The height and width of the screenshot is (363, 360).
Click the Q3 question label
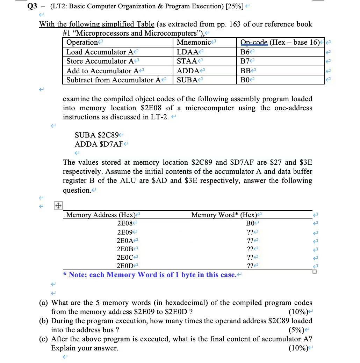pyautogui.click(x=32, y=6)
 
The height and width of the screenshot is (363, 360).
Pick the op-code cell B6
pyautogui.click(x=246, y=52)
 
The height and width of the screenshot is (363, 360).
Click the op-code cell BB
pyautogui.click(x=246, y=71)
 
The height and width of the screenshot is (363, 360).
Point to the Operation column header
pyautogui.click(x=82, y=43)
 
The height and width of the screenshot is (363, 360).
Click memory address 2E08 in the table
pyautogui.click(x=126, y=223)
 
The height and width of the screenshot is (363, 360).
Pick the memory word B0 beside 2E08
pyautogui.click(x=251, y=223)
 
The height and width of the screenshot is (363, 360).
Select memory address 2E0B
pyautogui.click(x=125, y=249)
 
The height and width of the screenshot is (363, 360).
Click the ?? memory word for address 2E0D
pyautogui.click(x=250, y=266)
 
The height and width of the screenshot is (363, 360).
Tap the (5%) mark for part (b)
pyautogui.click(x=296, y=330)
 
